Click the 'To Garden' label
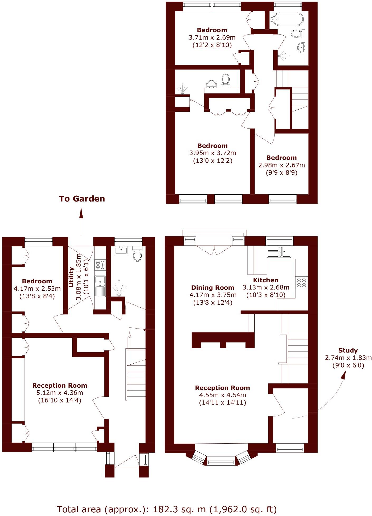pyautogui.click(x=82, y=199)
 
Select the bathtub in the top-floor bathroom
pyautogui.click(x=287, y=19)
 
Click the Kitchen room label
pyautogui.click(x=266, y=280)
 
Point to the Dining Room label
pyautogui.click(x=213, y=288)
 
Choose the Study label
pyautogui.click(x=348, y=350)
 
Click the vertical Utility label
pyautogui.click(x=71, y=277)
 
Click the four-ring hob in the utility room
pyautogui.click(x=100, y=265)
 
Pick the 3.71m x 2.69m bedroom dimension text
pyautogui.click(x=212, y=37)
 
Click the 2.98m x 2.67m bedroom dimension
pyautogui.click(x=282, y=165)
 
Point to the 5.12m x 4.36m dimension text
pyautogui.click(x=60, y=393)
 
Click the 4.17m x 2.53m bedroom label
pyautogui.click(x=37, y=289)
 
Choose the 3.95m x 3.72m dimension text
pyautogui.click(x=213, y=153)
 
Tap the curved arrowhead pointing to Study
pyautogui.click(x=343, y=375)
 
